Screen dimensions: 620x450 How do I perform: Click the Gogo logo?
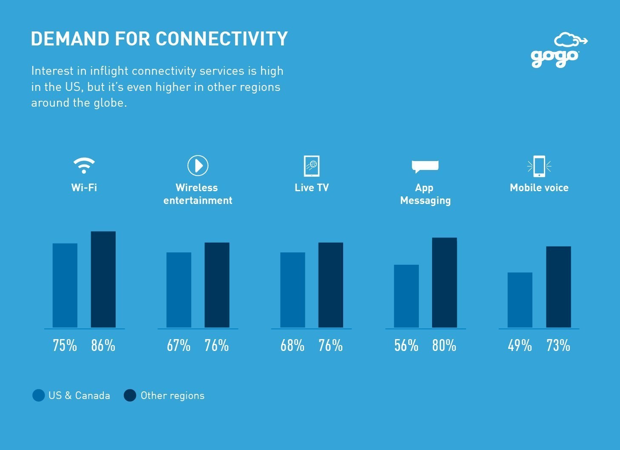pos(559,50)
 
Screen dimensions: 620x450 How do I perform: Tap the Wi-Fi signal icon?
pos(84,165)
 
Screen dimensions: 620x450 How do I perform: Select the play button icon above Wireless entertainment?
pos(198,165)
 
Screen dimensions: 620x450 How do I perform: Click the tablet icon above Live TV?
pos(312,166)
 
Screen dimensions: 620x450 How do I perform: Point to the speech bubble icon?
pos(425,167)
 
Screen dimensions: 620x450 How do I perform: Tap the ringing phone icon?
pos(539,166)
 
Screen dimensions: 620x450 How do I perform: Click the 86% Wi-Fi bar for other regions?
pos(103,279)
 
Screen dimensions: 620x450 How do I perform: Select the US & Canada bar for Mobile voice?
pos(520,300)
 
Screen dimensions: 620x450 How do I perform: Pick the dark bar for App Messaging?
pos(444,283)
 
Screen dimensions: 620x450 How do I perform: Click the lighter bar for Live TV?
pos(293,290)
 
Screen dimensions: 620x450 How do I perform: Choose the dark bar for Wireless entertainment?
pos(217,285)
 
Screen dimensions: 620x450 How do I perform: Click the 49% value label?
pos(520,345)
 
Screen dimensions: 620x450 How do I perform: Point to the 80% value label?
pos(444,345)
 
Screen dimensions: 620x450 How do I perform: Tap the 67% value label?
pos(179,345)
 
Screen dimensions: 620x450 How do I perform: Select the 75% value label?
pos(65,345)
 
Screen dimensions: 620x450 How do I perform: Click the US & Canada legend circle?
pos(38,395)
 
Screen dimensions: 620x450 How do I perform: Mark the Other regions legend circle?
pos(130,395)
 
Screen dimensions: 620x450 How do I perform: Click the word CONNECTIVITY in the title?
pos(222,39)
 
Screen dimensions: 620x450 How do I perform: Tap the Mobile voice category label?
pos(539,187)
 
